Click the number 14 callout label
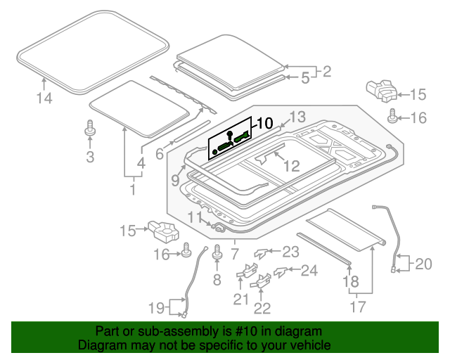point(44,99)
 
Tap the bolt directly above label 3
point(90,129)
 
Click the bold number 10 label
point(264,124)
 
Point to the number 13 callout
point(297,117)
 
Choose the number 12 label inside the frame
point(291,166)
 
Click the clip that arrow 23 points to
point(262,254)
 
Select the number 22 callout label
point(262,307)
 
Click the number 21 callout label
point(241,300)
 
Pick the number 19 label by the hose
point(156,307)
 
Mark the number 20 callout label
point(423,264)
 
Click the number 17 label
point(358,307)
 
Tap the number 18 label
point(350,282)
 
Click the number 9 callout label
point(176,180)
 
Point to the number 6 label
point(160,154)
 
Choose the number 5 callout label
point(304,79)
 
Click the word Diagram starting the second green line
point(100,346)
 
